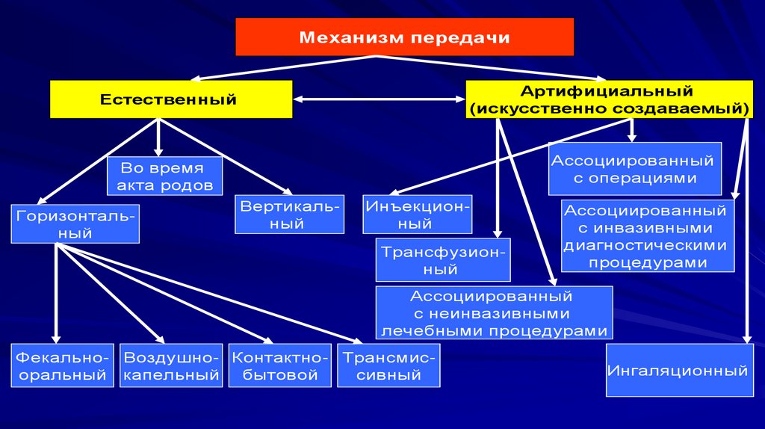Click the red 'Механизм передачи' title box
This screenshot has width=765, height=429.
[x=404, y=37]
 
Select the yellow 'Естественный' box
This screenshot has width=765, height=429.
[x=170, y=99]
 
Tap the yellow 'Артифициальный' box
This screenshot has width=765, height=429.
[x=607, y=99]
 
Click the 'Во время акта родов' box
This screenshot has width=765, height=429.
[x=165, y=176]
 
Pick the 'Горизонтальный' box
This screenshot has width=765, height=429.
[x=75, y=223]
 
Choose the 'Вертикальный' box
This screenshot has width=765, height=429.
[x=290, y=214]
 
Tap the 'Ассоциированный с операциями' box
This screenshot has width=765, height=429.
[x=634, y=169]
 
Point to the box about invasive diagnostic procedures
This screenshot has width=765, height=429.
[x=646, y=236]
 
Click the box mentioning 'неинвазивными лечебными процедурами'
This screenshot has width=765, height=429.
[x=495, y=313]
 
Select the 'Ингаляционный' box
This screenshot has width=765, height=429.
[x=678, y=370]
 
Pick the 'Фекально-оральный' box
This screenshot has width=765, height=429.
[x=63, y=365]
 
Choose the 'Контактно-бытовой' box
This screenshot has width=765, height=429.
[x=280, y=365]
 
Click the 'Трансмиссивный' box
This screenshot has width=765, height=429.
[x=388, y=365]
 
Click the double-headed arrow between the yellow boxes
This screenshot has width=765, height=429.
[x=380, y=99]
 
